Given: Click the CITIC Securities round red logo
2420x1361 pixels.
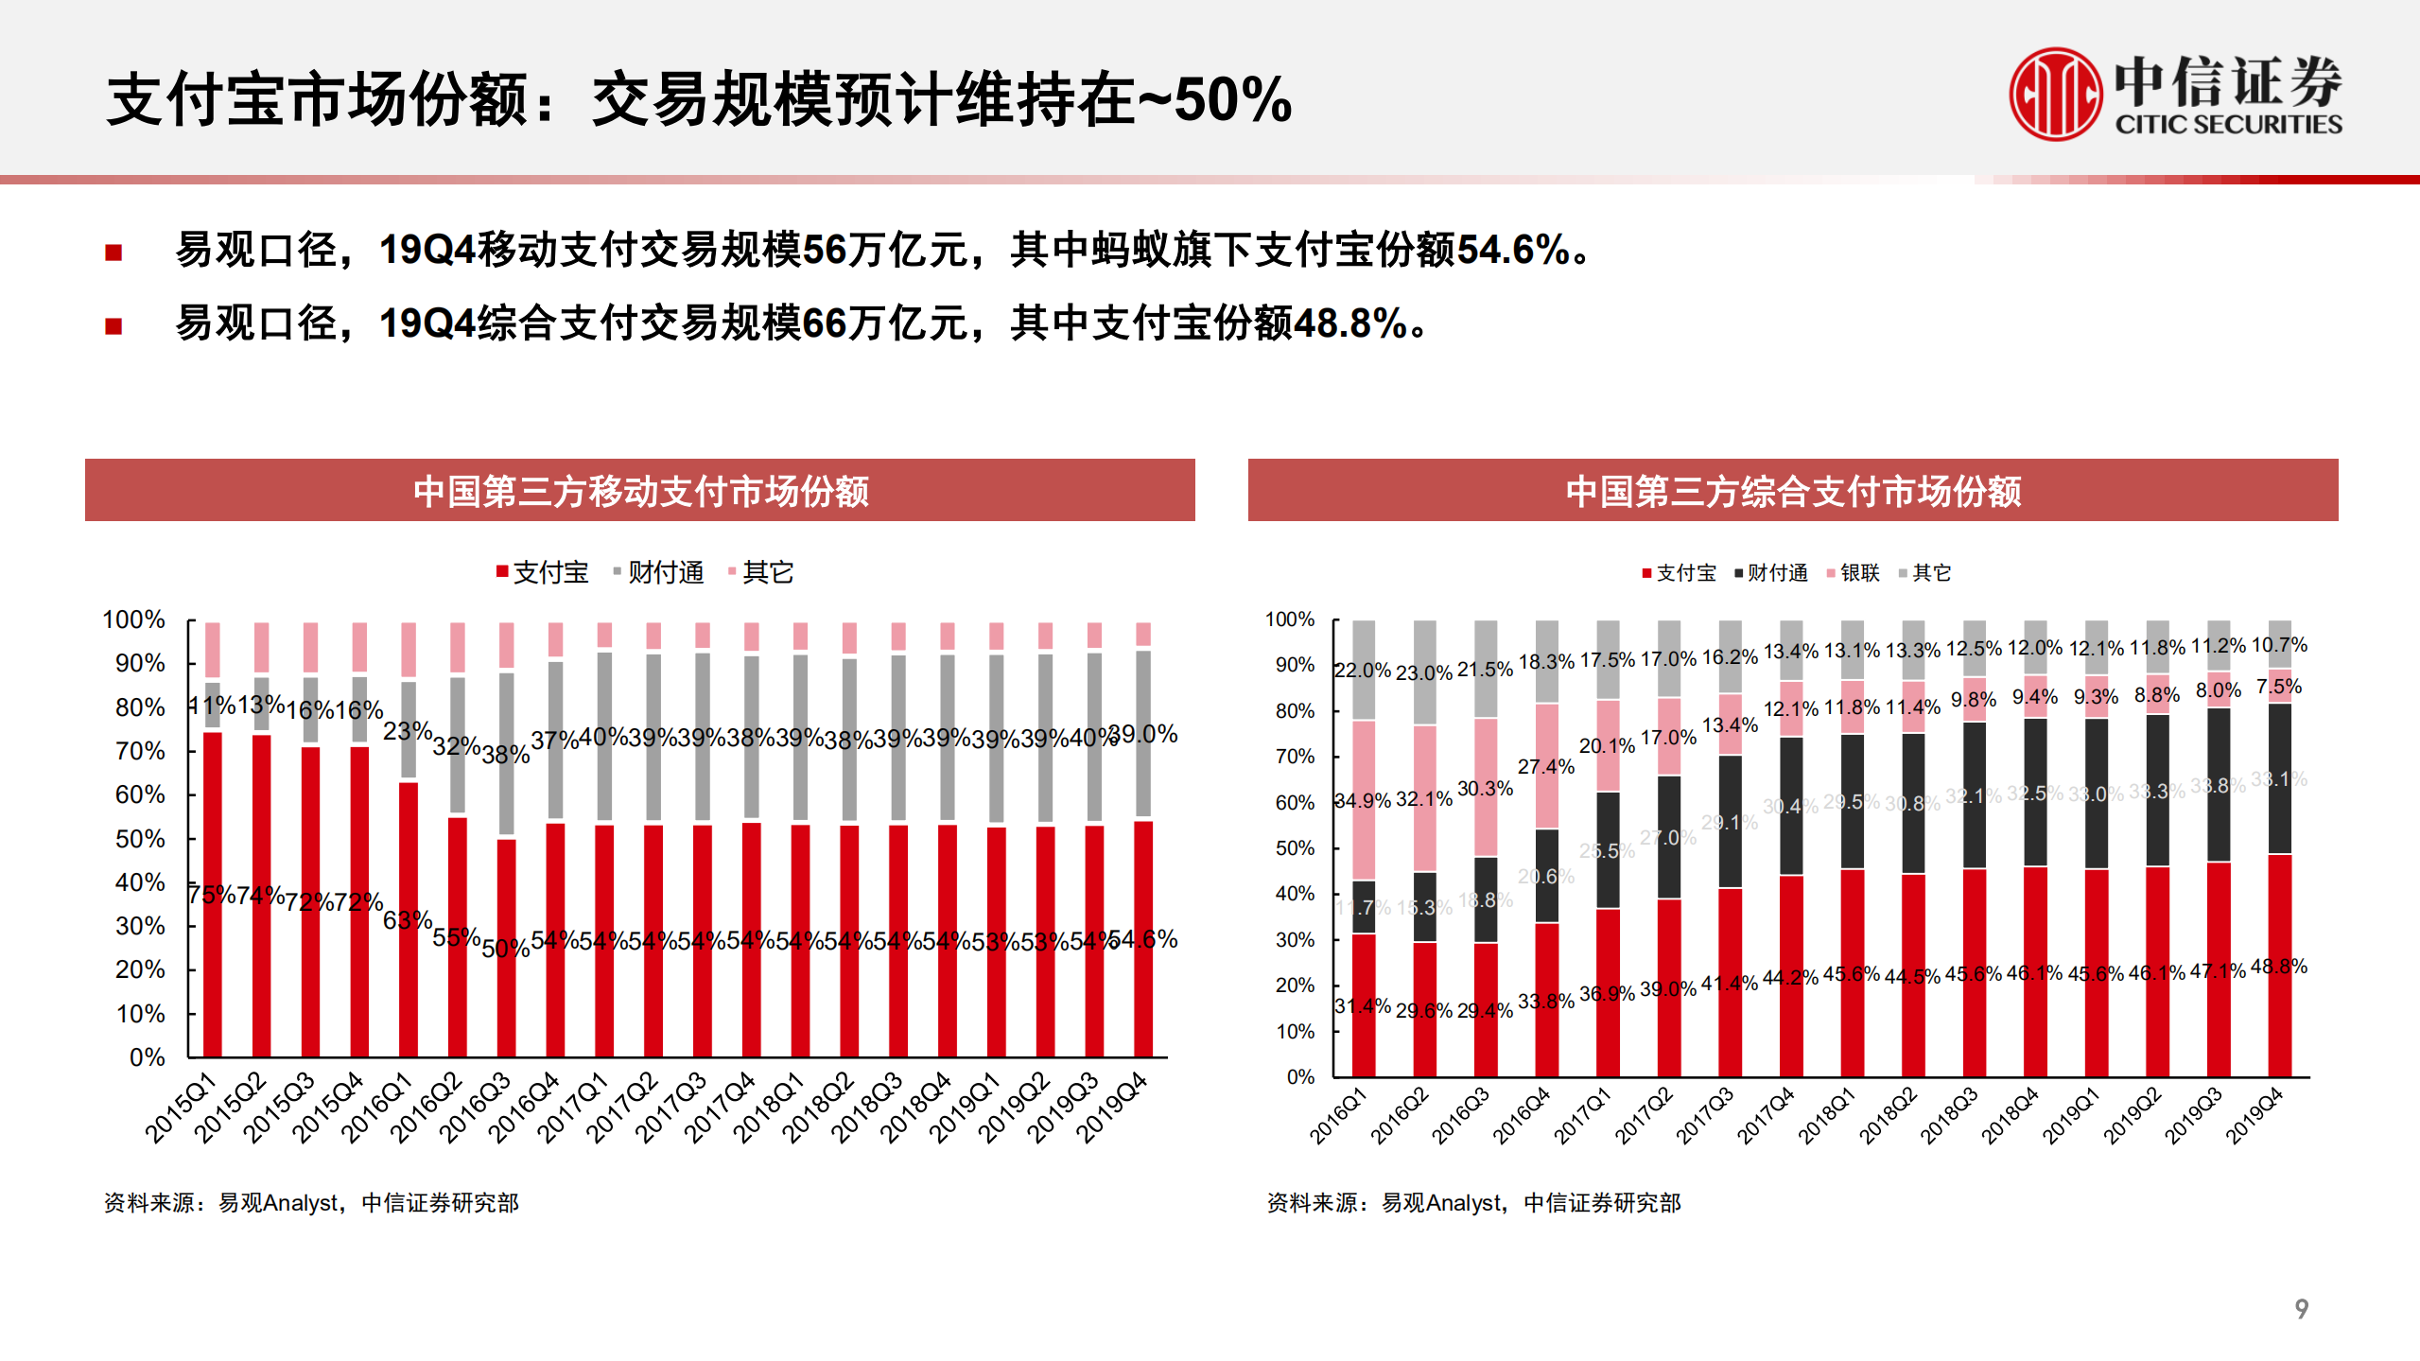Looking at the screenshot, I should click(2055, 95).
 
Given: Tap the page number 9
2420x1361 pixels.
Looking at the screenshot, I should click(2301, 1309).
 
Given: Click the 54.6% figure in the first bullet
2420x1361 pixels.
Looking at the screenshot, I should click(1513, 251).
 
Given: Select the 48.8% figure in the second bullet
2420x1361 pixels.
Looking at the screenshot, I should click(1350, 324).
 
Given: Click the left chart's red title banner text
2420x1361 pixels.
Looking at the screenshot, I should click(640, 491).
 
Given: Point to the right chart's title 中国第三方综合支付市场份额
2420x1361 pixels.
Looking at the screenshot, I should click(1793, 491).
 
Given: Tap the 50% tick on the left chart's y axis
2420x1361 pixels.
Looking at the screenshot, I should click(140, 839).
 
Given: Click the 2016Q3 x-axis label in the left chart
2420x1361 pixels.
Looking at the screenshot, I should click(474, 1108).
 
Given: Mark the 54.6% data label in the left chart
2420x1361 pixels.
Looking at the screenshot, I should click(1143, 939).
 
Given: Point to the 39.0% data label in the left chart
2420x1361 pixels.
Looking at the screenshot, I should click(1143, 734).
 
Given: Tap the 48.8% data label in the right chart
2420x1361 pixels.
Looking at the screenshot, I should click(2279, 967).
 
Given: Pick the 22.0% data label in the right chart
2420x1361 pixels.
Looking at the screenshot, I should click(1362, 671).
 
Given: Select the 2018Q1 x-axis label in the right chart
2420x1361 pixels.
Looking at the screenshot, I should click(1826, 1116).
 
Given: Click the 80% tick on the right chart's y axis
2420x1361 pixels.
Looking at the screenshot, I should click(1294, 711).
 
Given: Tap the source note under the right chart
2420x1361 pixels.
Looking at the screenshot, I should click(1473, 1203).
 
